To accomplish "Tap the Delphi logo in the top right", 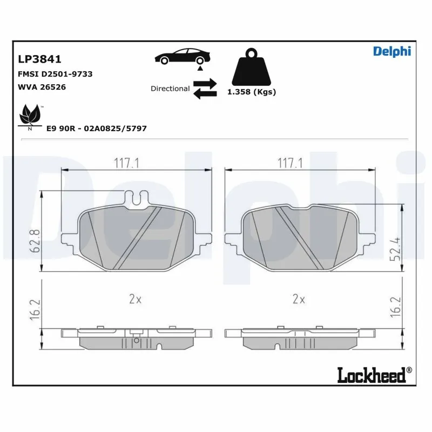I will pyautogui.click(x=392, y=51).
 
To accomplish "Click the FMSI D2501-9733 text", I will pyautogui.click(x=55, y=74).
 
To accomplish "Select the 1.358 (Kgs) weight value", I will pyautogui.click(x=251, y=92).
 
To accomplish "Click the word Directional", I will pyautogui.click(x=170, y=89).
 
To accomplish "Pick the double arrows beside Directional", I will pyautogui.click(x=205, y=89).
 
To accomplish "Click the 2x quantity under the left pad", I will pyautogui.click(x=135, y=299).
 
